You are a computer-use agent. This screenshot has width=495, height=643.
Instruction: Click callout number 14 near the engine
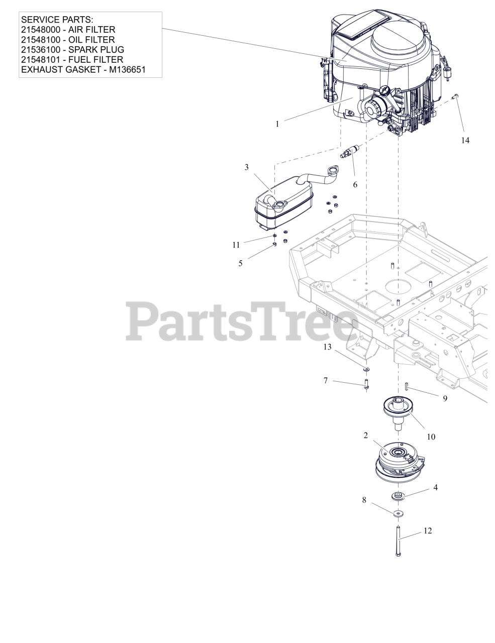point(465,140)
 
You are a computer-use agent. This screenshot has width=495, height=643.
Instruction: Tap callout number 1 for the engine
point(277,124)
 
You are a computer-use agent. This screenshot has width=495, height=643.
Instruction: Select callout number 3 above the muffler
point(246,167)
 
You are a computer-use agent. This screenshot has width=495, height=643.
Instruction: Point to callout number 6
point(355,185)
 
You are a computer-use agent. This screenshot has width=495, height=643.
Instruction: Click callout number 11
point(236,245)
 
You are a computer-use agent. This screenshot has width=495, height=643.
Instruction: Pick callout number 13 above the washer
point(327,347)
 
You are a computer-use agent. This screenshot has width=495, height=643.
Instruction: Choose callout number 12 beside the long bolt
point(428,530)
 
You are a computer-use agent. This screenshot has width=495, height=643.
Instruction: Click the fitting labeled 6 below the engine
point(348,151)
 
